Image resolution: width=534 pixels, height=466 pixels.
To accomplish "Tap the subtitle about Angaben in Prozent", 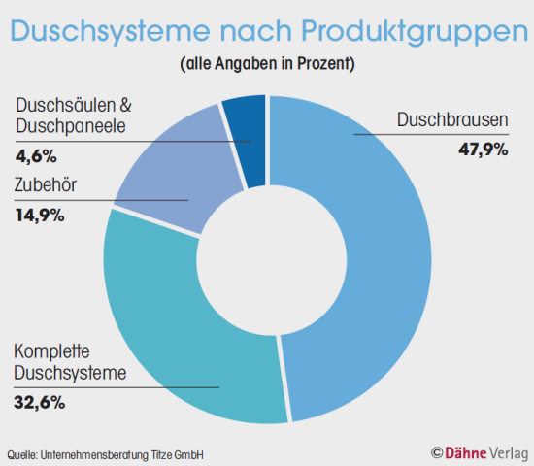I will point(267,66).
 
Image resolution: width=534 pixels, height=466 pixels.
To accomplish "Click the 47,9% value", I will point(483,149).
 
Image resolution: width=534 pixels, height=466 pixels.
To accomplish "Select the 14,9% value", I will point(40,215).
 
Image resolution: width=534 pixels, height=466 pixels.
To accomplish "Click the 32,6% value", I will point(40,399).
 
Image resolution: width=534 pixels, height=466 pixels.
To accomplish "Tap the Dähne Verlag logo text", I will point(485,452).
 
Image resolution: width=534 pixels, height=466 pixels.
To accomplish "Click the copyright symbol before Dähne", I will point(437,452).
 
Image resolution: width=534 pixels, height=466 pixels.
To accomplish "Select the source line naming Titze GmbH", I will point(106,454).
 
